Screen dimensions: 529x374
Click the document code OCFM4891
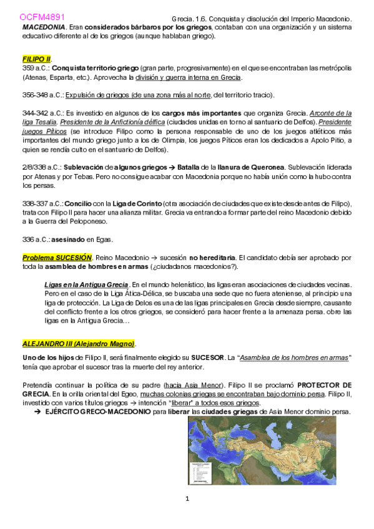pos(37,17)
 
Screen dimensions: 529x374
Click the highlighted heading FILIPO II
pos(36,59)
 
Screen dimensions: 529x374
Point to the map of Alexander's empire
pos(262,450)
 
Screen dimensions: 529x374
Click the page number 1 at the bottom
pos(187,498)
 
